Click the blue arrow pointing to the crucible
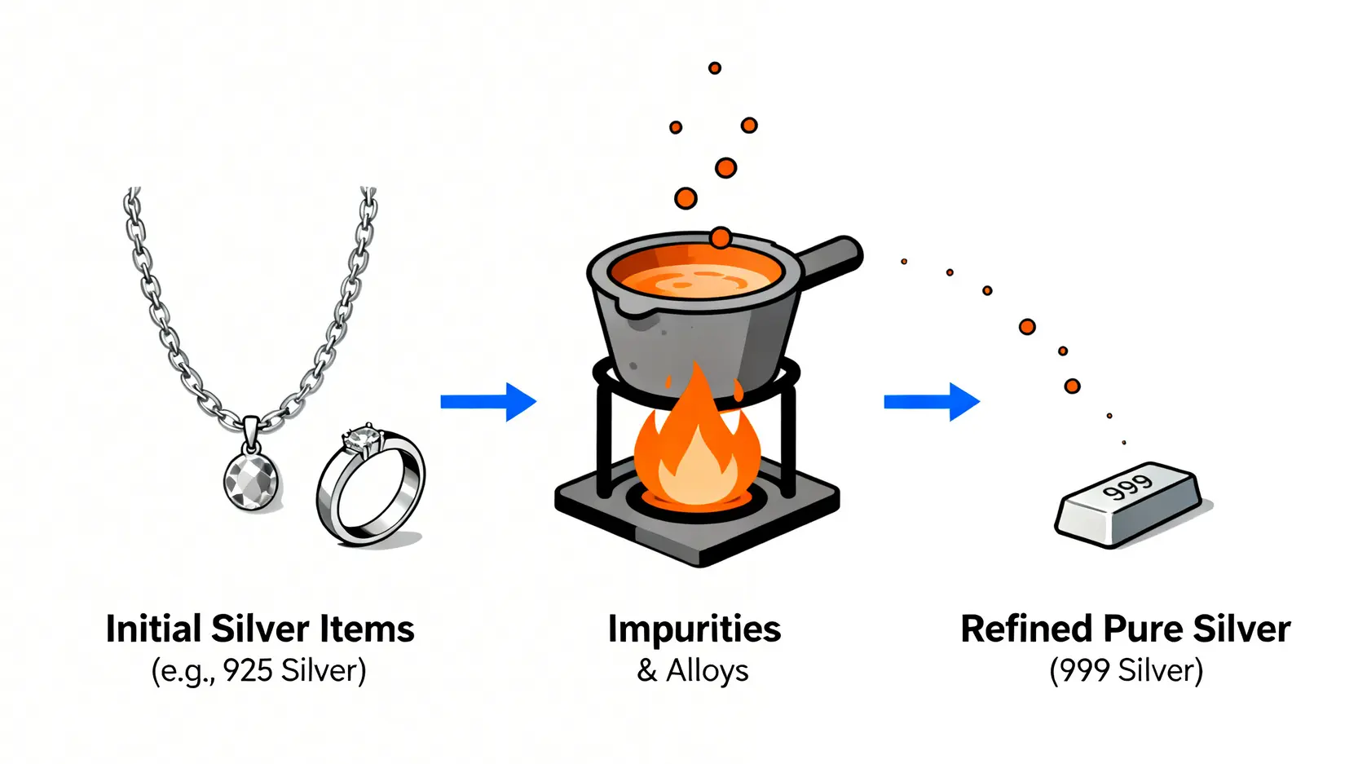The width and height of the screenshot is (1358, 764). pyautogui.click(x=488, y=401)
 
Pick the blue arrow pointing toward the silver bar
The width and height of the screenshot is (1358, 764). pyautogui.click(x=932, y=401)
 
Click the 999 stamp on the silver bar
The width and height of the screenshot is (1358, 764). pyautogui.click(x=1127, y=488)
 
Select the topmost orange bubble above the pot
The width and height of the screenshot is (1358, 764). pyautogui.click(x=715, y=68)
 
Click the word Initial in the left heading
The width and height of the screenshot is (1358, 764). pyautogui.click(x=154, y=629)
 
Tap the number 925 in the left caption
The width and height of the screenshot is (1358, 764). pyautogui.click(x=248, y=671)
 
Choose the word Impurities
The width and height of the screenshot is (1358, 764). pyautogui.click(x=694, y=629)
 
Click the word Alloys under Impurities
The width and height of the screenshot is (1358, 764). pyautogui.click(x=707, y=671)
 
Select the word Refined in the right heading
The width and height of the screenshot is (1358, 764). pyautogui.click(x=1026, y=629)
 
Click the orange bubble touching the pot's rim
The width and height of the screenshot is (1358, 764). pyautogui.click(x=721, y=237)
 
